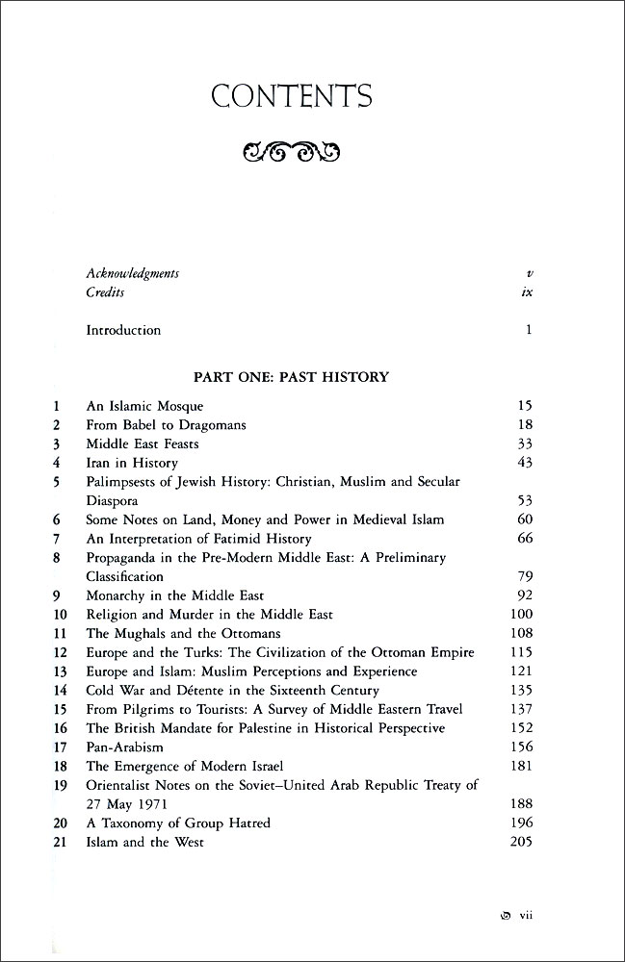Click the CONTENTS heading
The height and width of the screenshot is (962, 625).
pos(291,96)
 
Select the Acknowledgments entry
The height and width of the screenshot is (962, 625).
pos(132,273)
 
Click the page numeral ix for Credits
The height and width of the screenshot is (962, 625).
pos(526,292)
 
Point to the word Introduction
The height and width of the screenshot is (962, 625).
pos(123,330)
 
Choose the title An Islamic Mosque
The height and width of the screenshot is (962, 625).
pos(144,406)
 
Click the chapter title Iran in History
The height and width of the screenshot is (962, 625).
pos(132,463)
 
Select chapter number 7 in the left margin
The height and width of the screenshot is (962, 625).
pos(58,538)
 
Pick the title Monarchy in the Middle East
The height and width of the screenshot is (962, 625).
pos(175,595)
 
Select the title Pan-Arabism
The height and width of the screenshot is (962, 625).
pos(125,747)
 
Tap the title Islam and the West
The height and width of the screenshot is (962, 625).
pos(144,842)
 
